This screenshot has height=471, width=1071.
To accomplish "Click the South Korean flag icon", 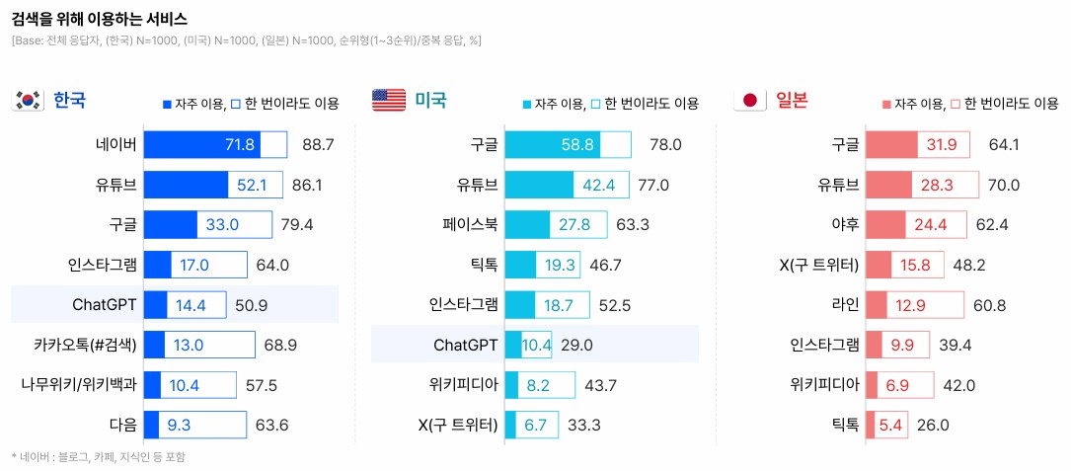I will tap(28, 101).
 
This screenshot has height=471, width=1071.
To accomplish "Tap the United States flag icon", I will tap(388, 101).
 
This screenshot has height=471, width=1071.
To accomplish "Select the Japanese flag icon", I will tap(749, 101).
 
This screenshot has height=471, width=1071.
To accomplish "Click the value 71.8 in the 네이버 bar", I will tap(241, 145).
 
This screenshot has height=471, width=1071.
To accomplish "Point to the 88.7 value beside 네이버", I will tap(318, 145).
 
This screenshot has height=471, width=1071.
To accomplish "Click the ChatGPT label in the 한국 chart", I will tap(104, 303).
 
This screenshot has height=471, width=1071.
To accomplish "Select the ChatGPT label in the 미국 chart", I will tap(465, 345).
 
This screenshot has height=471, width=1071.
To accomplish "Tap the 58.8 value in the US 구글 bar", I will tap(577, 145).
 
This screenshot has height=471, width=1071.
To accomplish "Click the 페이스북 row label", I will tap(470, 224).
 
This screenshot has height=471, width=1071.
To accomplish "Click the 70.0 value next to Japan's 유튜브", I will tap(1004, 185).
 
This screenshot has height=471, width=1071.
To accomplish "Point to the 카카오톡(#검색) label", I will tap(85, 345).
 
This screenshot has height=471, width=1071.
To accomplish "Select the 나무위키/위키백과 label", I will tap(78, 384).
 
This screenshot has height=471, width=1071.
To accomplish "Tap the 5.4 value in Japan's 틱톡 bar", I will tap(891, 426).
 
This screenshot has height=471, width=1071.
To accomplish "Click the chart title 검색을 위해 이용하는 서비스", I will tap(100, 19).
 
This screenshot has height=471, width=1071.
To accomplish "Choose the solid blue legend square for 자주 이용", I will tap(167, 104).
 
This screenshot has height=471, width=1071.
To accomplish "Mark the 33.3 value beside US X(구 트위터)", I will tap(583, 426).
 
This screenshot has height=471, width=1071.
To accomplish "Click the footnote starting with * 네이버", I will tap(98, 457).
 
